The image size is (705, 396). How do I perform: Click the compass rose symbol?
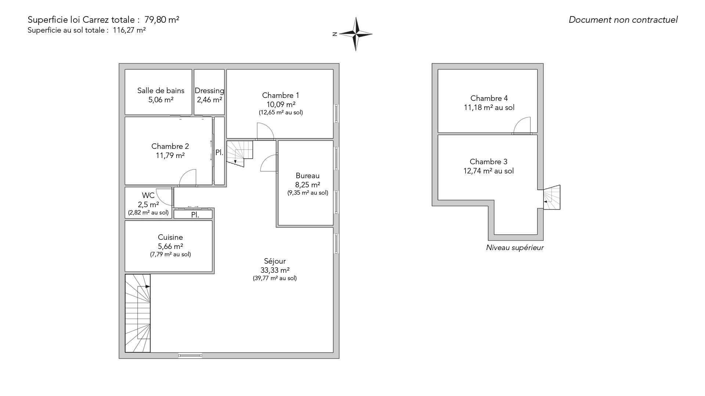click(x=355, y=34)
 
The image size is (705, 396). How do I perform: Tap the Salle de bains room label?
click(x=161, y=91)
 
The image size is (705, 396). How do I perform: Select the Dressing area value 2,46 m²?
click(x=209, y=100)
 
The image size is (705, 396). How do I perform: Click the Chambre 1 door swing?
click(x=265, y=131)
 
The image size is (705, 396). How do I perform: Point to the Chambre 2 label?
click(x=170, y=146)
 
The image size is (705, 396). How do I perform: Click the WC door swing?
click(x=164, y=197)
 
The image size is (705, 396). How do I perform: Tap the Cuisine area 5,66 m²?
click(x=170, y=246)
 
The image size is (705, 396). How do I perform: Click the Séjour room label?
click(x=275, y=261)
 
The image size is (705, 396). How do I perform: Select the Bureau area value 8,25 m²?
click(x=308, y=185)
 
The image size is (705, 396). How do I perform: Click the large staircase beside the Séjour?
click(x=138, y=313)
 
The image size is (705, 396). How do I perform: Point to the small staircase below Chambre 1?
click(x=240, y=154)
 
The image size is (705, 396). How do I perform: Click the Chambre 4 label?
click(x=489, y=98)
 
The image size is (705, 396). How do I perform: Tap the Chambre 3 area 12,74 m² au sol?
click(x=489, y=171)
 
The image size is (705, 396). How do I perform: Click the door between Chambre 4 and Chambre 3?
click(x=522, y=126)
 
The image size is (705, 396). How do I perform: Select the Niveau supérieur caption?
click(x=515, y=247)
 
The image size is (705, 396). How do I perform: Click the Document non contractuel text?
click(x=623, y=20)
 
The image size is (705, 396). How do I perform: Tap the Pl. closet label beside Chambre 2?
click(x=219, y=153)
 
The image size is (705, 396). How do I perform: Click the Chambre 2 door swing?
click(x=188, y=177)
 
